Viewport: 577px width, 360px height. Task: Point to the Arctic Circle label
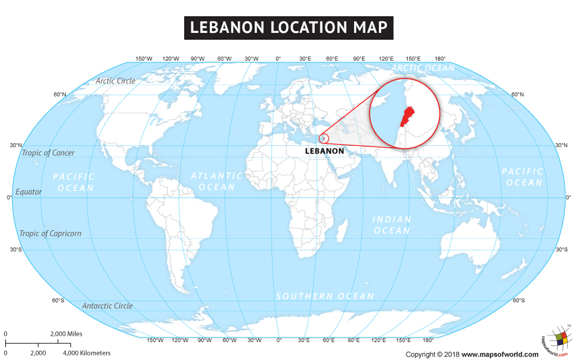click(x=115, y=81)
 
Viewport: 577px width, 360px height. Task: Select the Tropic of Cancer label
click(x=48, y=153)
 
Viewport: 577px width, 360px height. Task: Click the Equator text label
click(x=29, y=192)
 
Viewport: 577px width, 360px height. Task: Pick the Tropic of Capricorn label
click(x=50, y=234)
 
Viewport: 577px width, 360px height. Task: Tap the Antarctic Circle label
click(x=107, y=306)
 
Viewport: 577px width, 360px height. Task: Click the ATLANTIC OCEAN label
click(x=217, y=181)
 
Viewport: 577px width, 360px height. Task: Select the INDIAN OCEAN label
click(x=392, y=225)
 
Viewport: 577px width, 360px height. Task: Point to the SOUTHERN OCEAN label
click(x=325, y=296)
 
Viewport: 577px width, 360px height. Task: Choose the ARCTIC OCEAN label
click(x=423, y=68)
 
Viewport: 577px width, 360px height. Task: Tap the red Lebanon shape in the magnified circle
click(x=407, y=115)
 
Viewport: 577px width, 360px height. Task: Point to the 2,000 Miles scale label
click(x=66, y=334)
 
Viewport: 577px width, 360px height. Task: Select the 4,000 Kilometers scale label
click(x=87, y=352)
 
